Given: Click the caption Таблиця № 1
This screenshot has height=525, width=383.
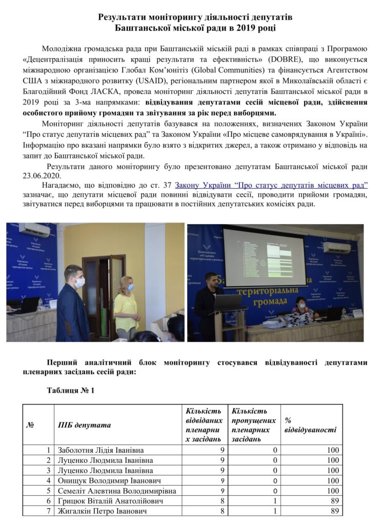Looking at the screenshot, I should tap(70, 391).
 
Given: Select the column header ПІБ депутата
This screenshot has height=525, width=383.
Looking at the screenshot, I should tap(84, 425).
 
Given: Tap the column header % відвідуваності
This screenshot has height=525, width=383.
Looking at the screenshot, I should tap(310, 425).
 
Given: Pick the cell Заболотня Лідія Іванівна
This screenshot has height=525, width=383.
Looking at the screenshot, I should tap(100, 450).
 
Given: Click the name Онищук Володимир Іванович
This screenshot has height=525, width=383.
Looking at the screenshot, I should tap(109, 481).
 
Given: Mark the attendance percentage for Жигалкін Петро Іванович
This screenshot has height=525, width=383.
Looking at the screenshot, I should tap(335, 511).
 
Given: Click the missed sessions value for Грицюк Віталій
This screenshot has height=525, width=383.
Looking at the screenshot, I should tap(275, 501).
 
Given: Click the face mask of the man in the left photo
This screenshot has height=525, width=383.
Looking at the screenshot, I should tap(79, 282).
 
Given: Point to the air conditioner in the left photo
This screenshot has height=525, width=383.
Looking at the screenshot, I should tap(34, 230).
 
